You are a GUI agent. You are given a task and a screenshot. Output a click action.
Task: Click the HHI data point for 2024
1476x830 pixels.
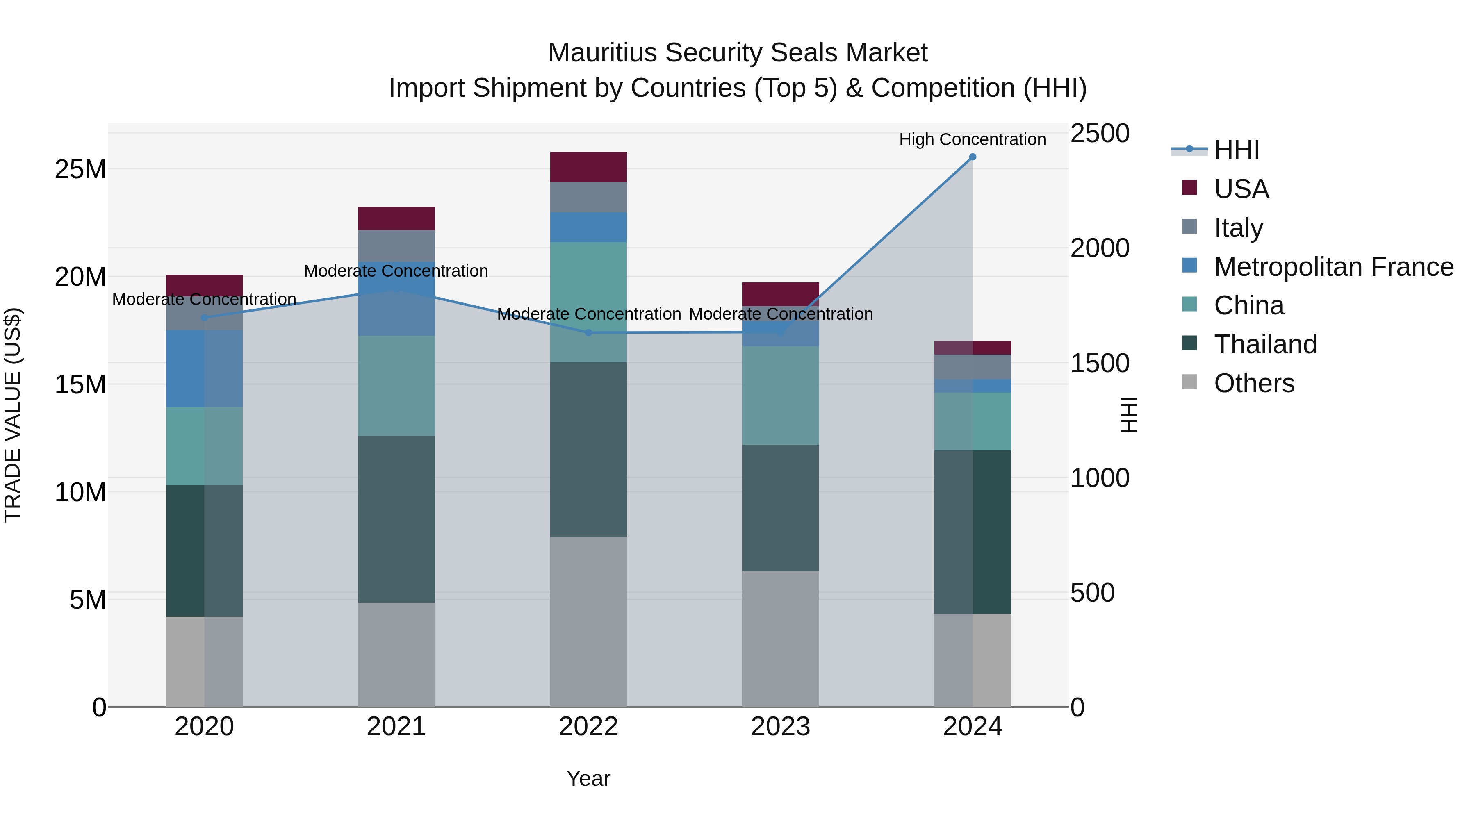tap(973, 157)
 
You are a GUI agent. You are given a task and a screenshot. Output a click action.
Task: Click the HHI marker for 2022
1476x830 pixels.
tap(588, 333)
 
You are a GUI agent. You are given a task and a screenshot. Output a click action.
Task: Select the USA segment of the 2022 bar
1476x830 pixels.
tap(588, 167)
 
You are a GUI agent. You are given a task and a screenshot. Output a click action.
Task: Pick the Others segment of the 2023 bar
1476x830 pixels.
tap(780, 638)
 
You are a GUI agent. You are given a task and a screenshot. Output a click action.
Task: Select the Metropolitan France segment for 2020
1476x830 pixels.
tap(204, 368)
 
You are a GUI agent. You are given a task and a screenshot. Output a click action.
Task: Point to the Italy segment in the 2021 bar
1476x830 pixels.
tap(396, 246)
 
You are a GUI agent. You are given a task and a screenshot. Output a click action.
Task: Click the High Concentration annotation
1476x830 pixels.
tap(973, 139)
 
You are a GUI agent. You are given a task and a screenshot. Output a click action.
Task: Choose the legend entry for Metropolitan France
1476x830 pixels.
tap(1333, 267)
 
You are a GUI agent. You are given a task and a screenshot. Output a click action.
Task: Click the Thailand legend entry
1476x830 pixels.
tap(1265, 344)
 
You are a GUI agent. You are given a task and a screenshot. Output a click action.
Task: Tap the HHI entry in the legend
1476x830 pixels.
tap(1237, 150)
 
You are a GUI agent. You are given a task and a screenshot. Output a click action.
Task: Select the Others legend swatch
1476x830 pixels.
tap(1189, 382)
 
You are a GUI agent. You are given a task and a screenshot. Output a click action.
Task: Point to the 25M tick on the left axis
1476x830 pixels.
tap(80, 170)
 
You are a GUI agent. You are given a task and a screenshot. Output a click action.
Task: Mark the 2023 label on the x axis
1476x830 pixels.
tap(780, 727)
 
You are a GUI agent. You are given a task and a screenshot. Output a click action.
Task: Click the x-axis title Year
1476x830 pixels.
tap(588, 778)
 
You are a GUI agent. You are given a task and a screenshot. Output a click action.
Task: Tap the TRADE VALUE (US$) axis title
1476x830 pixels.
tap(13, 415)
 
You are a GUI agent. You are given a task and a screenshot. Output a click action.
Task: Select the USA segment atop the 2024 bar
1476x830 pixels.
tap(973, 348)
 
